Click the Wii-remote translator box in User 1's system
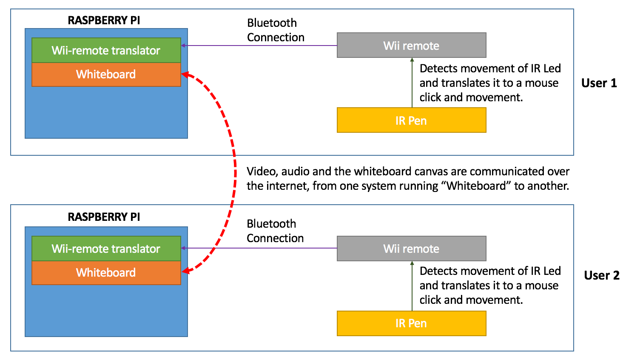106,51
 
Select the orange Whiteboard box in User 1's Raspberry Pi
106,74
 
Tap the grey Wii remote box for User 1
411,46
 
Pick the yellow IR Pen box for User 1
411,120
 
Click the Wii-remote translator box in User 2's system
106,249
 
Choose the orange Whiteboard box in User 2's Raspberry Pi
106,273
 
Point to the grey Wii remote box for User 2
411,249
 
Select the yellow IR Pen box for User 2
411,323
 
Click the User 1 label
599,83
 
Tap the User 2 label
602,275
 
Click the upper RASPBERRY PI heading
104,20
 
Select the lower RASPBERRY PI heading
104,217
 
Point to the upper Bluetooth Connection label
276,30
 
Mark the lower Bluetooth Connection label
275,231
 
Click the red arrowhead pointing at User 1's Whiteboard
186,75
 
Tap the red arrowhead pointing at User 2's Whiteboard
186,271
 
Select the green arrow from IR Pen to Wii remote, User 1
412,83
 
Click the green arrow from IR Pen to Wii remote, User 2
412,286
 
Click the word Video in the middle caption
262,171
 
